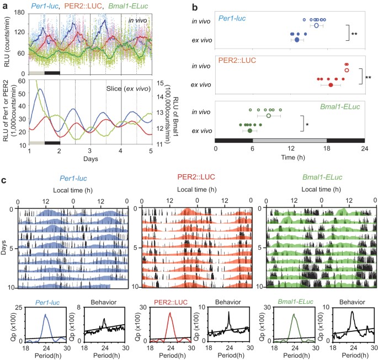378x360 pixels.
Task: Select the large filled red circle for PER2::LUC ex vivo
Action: point(331,85)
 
